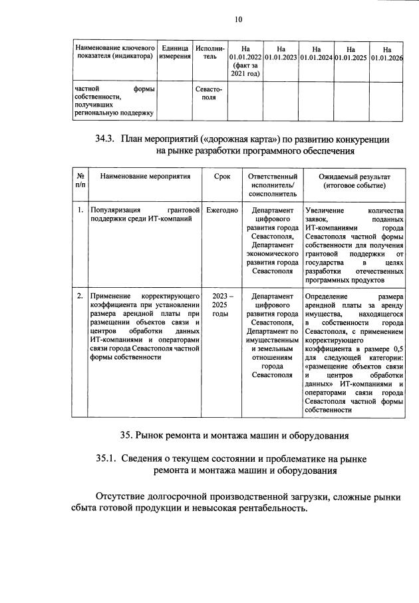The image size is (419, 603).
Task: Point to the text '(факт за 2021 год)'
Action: tap(245, 69)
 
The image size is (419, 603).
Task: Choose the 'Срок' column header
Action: tap(222, 177)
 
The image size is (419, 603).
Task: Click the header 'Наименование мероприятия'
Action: tap(145, 177)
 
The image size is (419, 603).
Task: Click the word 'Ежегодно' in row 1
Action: tap(222, 210)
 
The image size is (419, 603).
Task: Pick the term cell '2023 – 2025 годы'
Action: tap(220, 304)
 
